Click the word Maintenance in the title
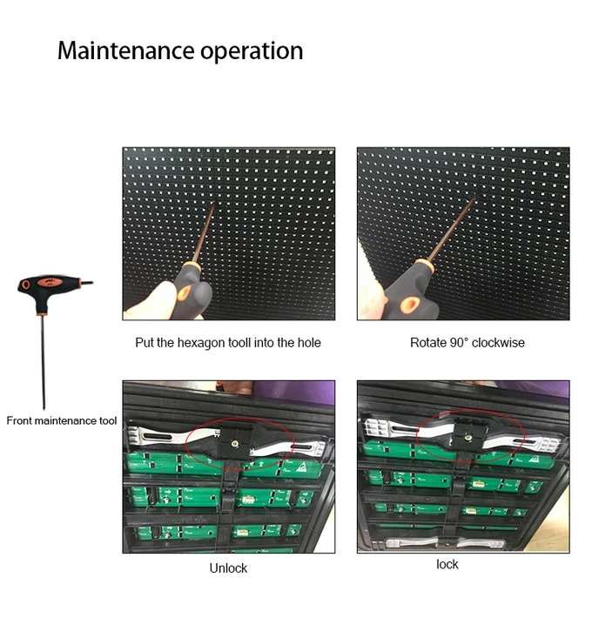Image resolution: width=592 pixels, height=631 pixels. coord(125,50)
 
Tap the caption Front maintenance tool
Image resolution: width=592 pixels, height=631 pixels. coord(62,420)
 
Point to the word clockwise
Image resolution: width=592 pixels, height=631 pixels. coord(498,342)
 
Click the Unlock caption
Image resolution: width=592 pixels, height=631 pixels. coord(228,567)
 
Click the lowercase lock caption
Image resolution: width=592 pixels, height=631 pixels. coord(447,564)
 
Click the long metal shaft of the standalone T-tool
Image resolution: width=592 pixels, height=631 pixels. coord(43,362)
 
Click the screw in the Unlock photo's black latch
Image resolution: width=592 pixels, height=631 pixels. coord(235,443)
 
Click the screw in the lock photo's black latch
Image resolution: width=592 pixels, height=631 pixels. coord(468,437)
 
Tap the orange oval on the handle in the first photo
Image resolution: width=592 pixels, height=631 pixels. coord(185,292)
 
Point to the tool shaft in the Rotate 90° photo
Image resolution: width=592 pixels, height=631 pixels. coord(452,228)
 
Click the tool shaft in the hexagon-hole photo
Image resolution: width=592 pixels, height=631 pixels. coord(203,232)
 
